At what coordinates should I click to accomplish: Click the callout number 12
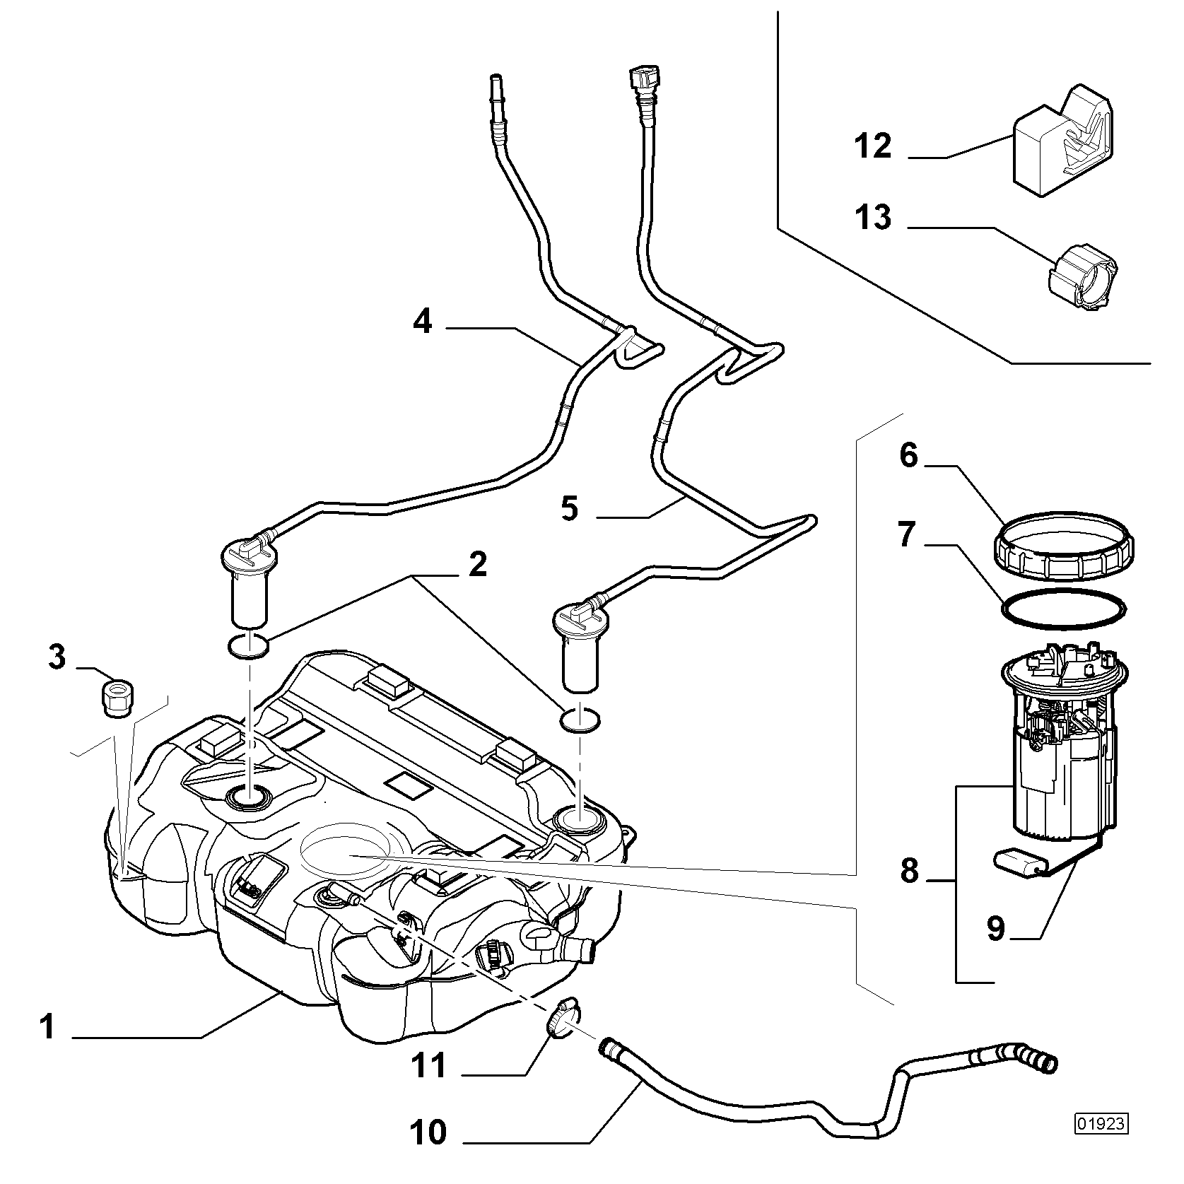[x=874, y=147]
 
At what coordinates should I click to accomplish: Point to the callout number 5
[x=570, y=508]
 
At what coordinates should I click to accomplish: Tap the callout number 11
[x=430, y=1065]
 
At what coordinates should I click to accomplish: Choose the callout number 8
[x=910, y=872]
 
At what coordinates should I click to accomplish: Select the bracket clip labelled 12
[x=1065, y=141]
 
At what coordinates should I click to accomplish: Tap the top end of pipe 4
[x=496, y=78]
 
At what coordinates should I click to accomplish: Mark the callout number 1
[x=47, y=1026]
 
